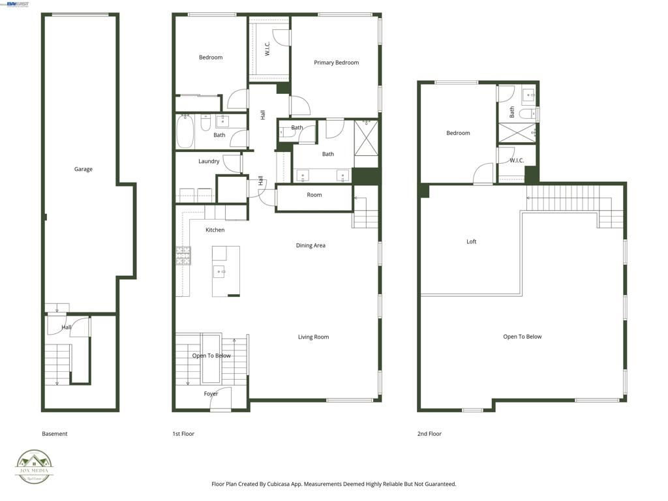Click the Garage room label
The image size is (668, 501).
pos(83,169)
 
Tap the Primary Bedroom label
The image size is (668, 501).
pos(336,63)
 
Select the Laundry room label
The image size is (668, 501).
pos(209,161)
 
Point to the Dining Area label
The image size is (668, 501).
pos(311,245)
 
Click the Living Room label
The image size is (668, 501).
pos(313,337)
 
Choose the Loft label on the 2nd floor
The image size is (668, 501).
pos(471,241)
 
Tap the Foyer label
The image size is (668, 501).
pos(211,393)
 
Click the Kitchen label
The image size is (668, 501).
pos(215,230)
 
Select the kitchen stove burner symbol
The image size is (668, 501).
pos(183,255)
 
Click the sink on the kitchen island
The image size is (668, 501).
pos(220,271)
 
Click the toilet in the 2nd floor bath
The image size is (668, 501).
pos(528,114)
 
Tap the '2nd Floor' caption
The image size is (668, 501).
pos(429,434)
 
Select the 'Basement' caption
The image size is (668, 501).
pos(54,434)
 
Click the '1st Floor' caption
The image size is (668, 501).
pos(183,434)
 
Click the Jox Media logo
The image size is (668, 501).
pos(35,466)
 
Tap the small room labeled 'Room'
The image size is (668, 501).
pos(314,195)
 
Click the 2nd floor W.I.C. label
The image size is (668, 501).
pos(517,160)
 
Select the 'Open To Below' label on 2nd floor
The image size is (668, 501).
pos(522,337)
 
